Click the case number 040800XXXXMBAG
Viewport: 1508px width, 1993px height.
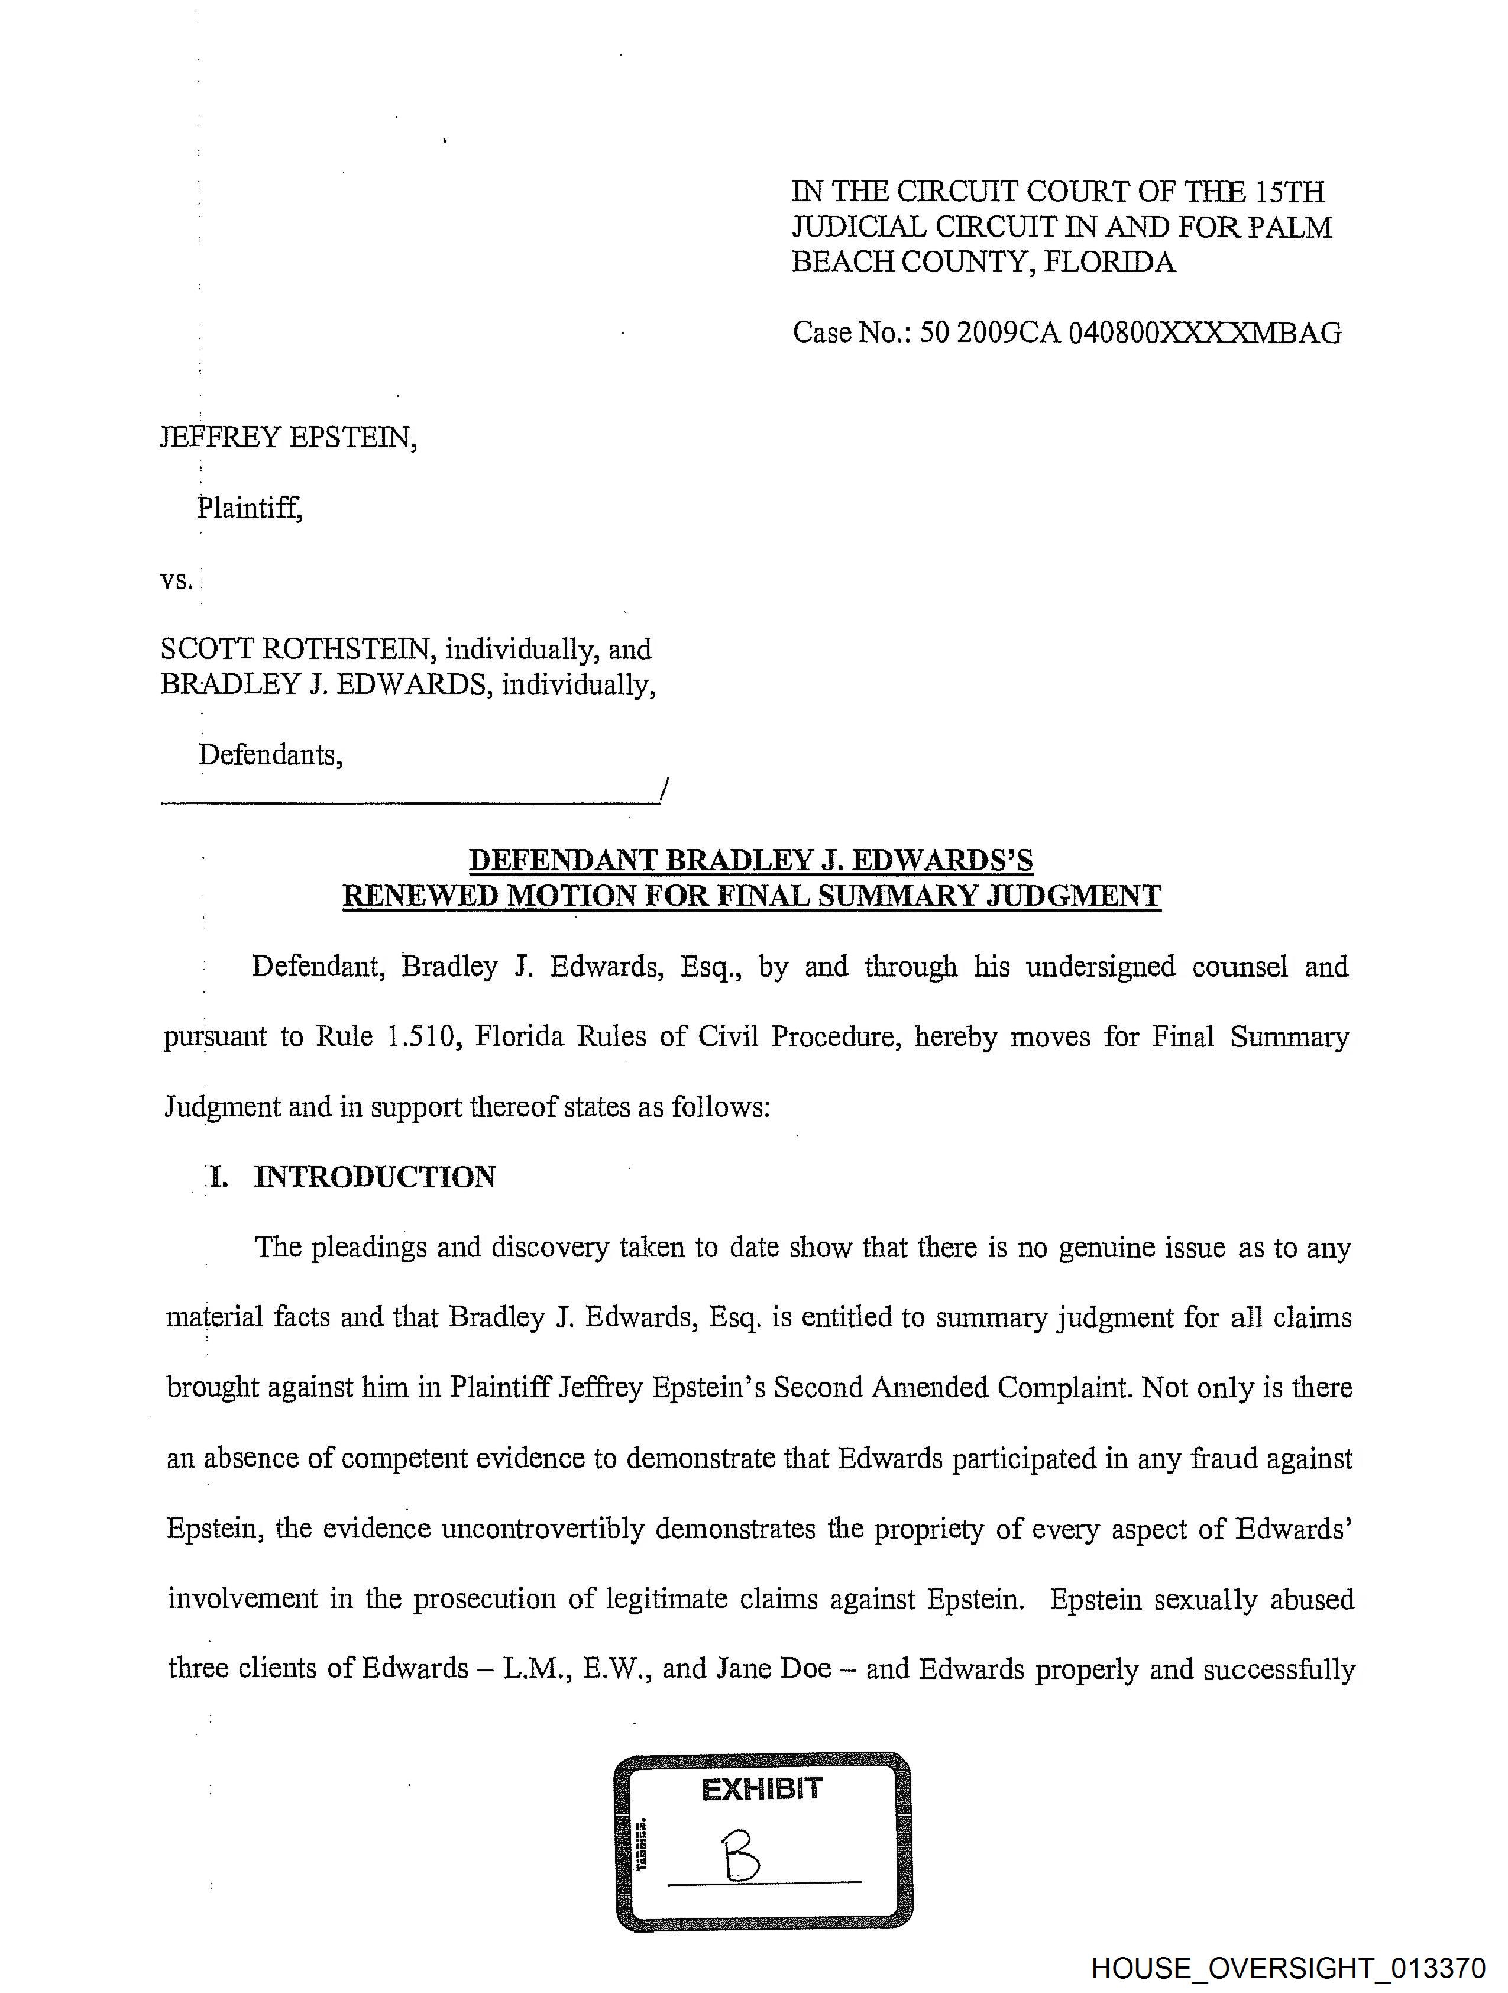click(1205, 334)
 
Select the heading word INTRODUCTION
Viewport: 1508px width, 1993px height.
click(375, 1177)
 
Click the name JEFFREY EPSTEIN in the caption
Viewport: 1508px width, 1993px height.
click(288, 438)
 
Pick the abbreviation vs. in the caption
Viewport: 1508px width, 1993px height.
click(177, 580)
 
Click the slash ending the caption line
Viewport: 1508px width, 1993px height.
click(664, 790)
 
